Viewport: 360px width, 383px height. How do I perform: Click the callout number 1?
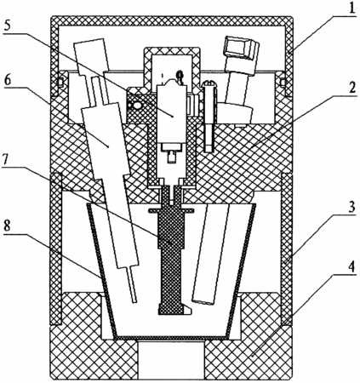point(351,9)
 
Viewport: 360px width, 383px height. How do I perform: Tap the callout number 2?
point(351,89)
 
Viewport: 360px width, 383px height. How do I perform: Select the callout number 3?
point(351,208)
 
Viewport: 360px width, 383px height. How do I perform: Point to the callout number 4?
point(351,267)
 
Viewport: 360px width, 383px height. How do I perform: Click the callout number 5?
point(8,26)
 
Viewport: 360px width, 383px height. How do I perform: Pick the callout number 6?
point(8,80)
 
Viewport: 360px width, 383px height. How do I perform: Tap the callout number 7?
point(7,160)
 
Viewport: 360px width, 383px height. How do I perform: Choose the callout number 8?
point(8,226)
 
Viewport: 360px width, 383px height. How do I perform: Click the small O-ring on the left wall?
point(60,83)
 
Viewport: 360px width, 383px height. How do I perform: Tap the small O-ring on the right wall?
point(283,83)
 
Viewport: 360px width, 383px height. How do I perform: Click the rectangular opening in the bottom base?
point(171,360)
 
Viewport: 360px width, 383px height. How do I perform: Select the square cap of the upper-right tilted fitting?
point(241,48)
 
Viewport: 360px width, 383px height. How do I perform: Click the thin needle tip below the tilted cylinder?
point(132,284)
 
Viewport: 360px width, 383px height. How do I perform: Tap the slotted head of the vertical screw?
point(209,83)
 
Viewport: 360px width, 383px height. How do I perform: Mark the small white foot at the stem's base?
point(187,309)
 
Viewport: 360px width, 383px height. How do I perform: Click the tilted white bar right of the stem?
point(211,254)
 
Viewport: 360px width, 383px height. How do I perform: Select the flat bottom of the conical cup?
point(172,338)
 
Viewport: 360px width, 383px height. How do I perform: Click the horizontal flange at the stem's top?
point(171,210)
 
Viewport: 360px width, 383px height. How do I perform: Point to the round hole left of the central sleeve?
point(137,106)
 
